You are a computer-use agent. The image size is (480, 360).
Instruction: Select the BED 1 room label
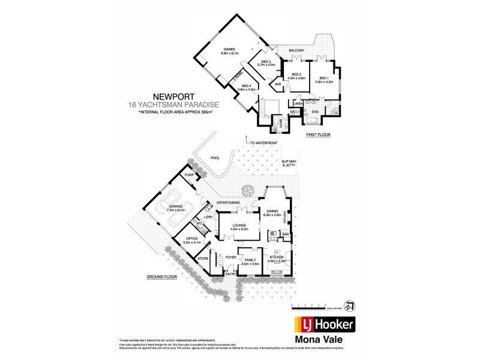tap(325, 78)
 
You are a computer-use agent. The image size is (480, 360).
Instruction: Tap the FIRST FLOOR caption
tap(319, 135)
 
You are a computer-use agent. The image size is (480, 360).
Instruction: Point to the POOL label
tap(215, 158)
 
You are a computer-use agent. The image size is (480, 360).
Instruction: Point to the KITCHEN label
tap(276, 259)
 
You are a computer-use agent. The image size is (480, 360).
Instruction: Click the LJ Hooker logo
tap(323, 325)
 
